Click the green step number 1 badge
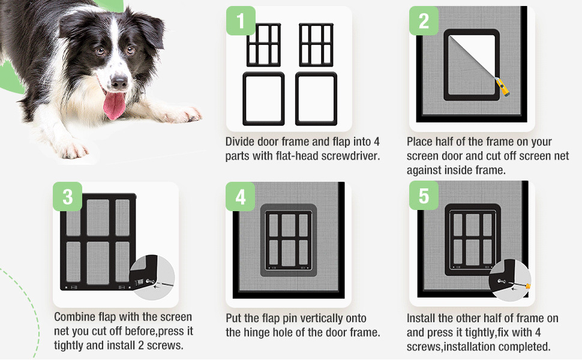click(241, 21)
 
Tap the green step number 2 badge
click(424, 21)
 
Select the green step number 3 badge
click(68, 197)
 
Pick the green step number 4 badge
click(241, 197)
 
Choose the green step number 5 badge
click(424, 196)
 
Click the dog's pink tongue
click(115, 104)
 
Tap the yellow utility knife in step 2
click(503, 87)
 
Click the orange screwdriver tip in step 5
click(528, 286)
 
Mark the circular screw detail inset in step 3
click(152, 277)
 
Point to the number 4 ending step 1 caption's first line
click(376, 142)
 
